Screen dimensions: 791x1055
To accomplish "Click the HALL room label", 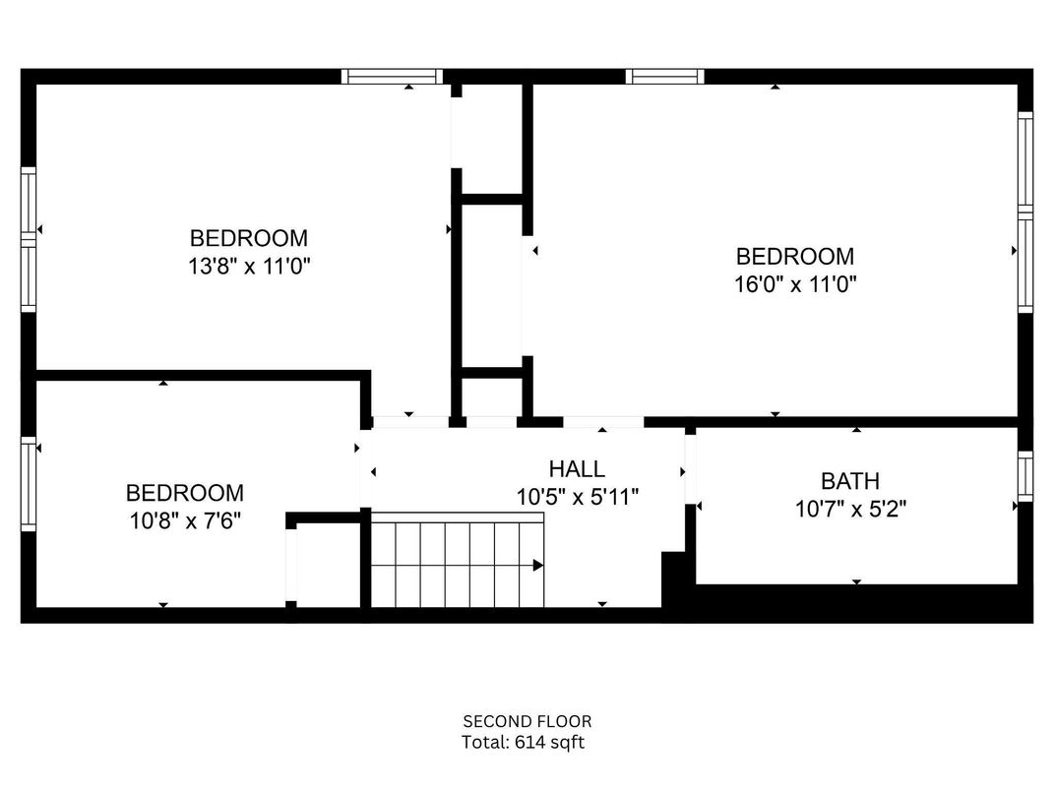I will pyautogui.click(x=577, y=469).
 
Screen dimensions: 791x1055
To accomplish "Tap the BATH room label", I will pyautogui.click(x=850, y=481).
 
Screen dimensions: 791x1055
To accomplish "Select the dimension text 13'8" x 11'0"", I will pyautogui.click(x=249, y=266).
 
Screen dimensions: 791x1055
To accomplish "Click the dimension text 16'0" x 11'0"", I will pyautogui.click(x=795, y=284).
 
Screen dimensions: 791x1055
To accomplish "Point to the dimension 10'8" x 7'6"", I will pyautogui.click(x=185, y=520).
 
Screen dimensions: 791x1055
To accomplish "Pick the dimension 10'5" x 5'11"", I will pyautogui.click(x=578, y=498).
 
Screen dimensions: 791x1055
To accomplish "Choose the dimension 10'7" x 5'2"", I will pyautogui.click(x=850, y=510).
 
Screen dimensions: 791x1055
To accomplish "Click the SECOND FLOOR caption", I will pyautogui.click(x=527, y=721).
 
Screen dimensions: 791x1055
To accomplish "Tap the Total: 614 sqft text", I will pyautogui.click(x=524, y=743).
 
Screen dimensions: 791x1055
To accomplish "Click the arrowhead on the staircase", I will pyautogui.click(x=538, y=565).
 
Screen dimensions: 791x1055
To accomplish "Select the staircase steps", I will pyautogui.click(x=457, y=565).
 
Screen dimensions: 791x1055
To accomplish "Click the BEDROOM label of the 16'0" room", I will pyautogui.click(x=795, y=257).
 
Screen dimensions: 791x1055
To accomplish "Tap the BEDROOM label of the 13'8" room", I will pyautogui.click(x=249, y=238).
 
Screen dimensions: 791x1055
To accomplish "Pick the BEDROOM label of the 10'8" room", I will pyautogui.click(x=185, y=493).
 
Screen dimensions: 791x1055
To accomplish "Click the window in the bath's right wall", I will pyautogui.click(x=1025, y=476).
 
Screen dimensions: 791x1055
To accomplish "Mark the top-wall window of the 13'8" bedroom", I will pyautogui.click(x=393, y=76).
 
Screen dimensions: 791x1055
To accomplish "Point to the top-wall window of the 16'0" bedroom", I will pyautogui.click(x=665, y=76).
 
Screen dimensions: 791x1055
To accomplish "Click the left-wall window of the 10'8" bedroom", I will pyautogui.click(x=29, y=484).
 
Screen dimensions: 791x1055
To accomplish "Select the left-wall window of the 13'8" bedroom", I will pyautogui.click(x=29, y=239).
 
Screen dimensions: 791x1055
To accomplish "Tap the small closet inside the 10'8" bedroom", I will pyautogui.click(x=328, y=565).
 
